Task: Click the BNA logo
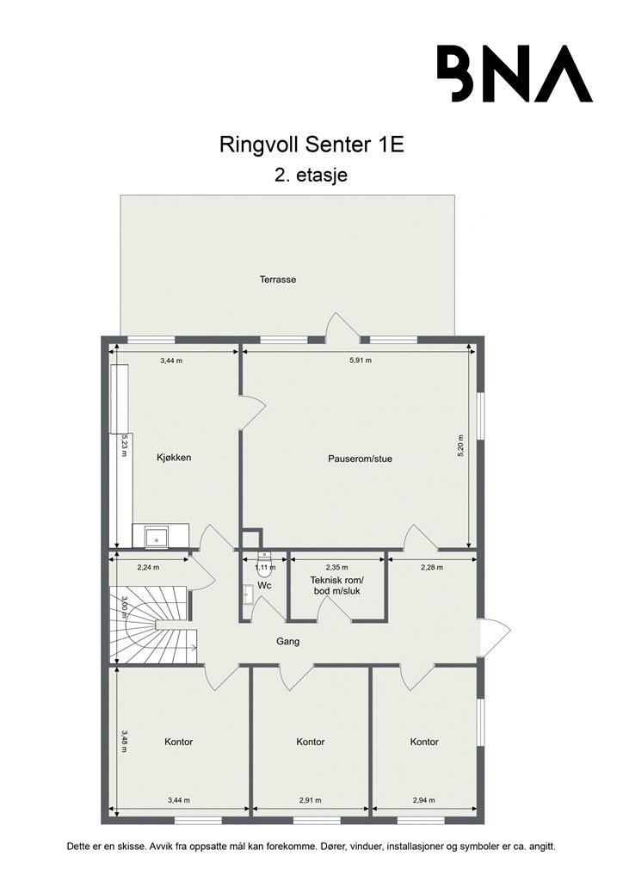515,73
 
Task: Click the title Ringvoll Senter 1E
311,145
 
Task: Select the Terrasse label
278,280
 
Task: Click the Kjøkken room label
173,458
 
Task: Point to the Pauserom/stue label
360,459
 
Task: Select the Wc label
265,585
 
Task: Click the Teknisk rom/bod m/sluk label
337,585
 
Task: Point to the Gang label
287,642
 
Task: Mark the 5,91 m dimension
361,360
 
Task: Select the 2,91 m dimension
310,800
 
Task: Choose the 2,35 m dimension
337,567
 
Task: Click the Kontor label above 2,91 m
310,742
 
